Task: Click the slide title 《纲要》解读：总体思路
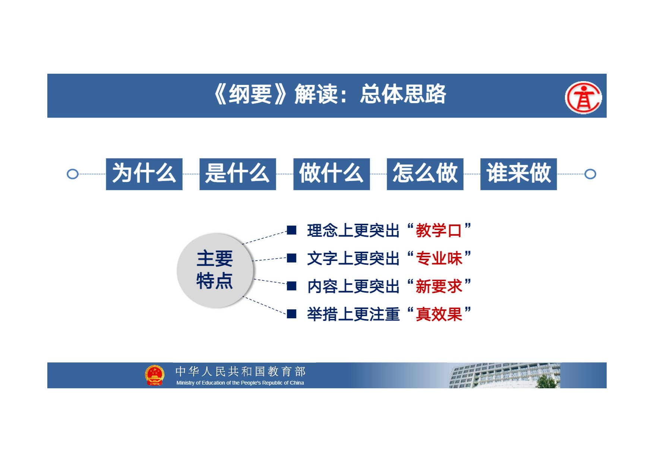(x=330, y=94)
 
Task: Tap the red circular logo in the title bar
(x=583, y=98)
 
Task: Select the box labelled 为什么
(x=144, y=174)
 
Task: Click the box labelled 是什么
(x=238, y=174)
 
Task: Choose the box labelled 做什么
(x=332, y=174)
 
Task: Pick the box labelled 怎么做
(x=425, y=174)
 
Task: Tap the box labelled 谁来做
(x=519, y=174)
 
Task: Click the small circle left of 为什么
(x=73, y=174)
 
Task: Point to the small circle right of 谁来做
(x=590, y=174)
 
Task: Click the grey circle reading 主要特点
(x=215, y=270)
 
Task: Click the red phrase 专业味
(x=439, y=258)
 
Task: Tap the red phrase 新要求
(x=439, y=286)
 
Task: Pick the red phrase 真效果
(x=439, y=314)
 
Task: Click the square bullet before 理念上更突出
(x=292, y=230)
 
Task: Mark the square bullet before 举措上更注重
(x=292, y=314)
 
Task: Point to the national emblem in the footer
(x=155, y=375)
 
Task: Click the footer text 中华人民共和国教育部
(x=240, y=372)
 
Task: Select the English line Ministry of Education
(x=240, y=383)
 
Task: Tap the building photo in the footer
(x=505, y=376)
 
